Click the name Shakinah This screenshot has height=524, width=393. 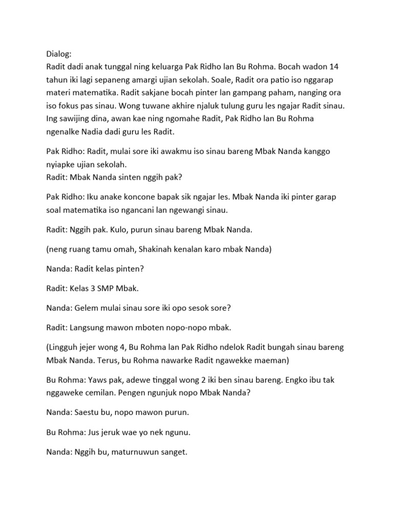[x=161, y=251]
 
